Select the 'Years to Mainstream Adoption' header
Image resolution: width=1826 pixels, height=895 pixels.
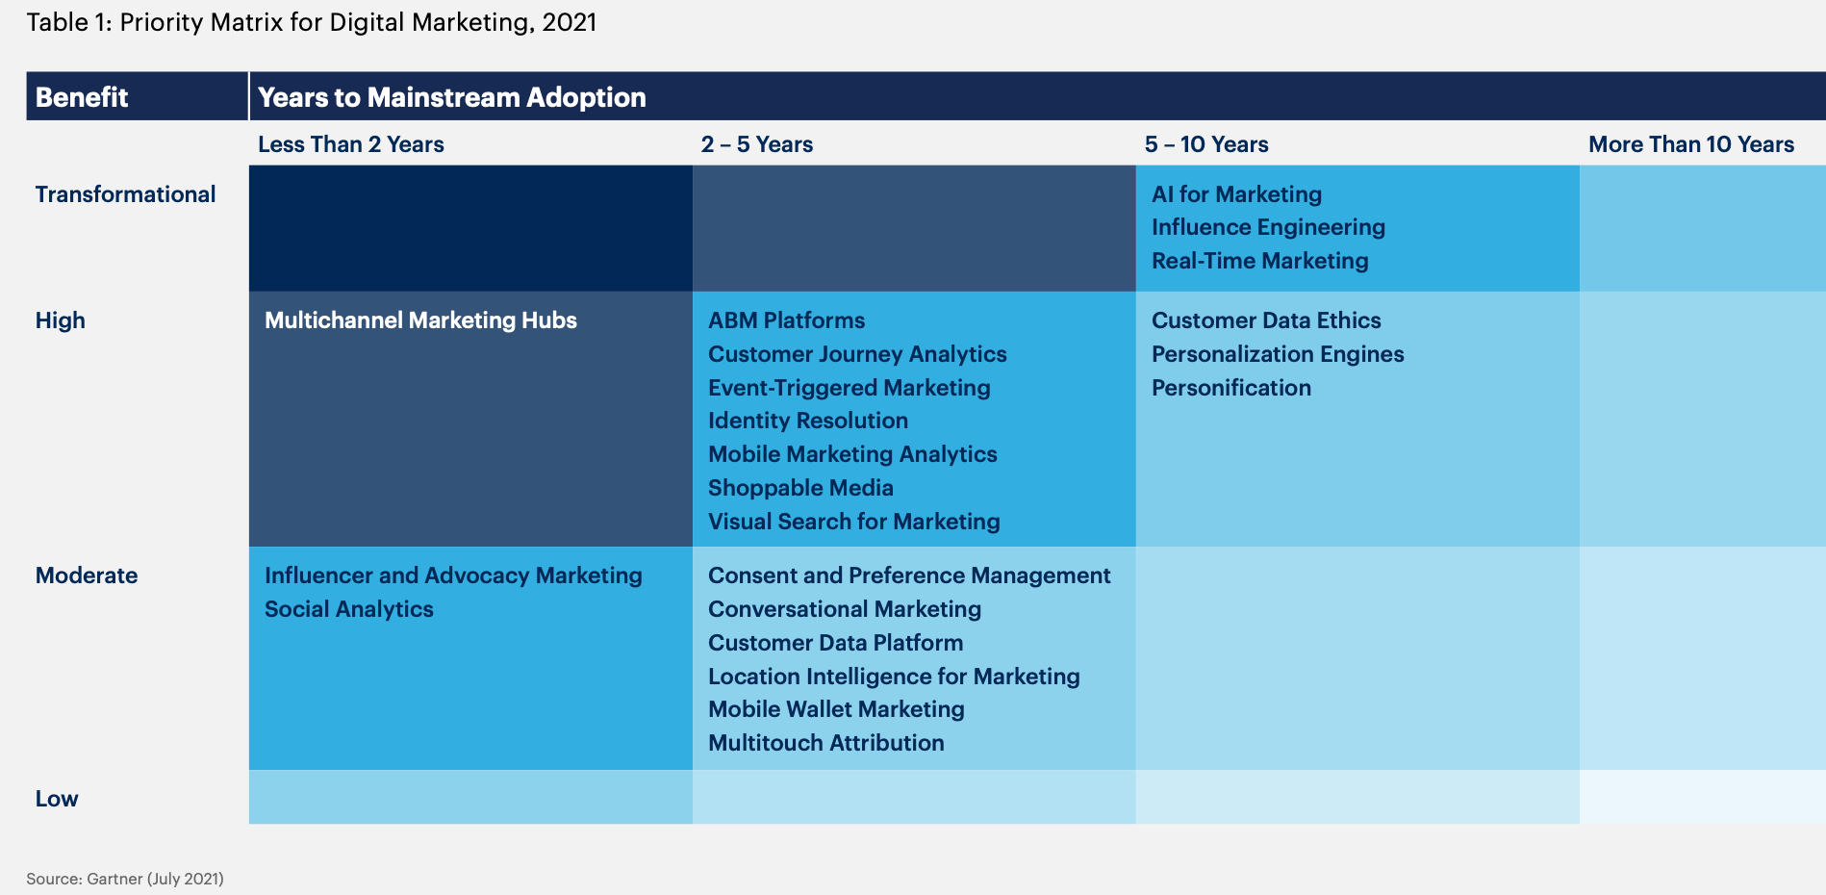click(452, 97)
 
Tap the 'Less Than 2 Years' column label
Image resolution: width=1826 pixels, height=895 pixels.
click(351, 144)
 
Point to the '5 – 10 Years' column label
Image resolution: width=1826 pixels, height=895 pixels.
click(1206, 144)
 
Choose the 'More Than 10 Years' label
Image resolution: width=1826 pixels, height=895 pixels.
click(1691, 144)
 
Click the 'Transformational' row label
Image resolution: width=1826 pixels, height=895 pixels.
click(125, 194)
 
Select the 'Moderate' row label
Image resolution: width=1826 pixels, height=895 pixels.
click(87, 575)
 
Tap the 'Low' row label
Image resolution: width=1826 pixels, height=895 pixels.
click(57, 799)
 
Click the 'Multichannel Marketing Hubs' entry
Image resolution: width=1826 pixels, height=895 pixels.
click(420, 320)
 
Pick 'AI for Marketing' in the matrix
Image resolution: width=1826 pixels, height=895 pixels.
click(1236, 194)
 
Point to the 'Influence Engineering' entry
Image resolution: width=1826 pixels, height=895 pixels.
click(1268, 227)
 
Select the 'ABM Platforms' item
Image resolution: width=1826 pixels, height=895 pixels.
click(786, 320)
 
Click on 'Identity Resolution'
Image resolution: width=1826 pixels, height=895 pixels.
click(808, 421)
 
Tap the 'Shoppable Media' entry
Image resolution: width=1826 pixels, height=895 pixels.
click(800, 488)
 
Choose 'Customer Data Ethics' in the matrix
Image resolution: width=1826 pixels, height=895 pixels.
click(1266, 320)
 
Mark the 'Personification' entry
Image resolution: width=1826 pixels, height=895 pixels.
click(1231, 388)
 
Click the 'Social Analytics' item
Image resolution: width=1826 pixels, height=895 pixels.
click(349, 609)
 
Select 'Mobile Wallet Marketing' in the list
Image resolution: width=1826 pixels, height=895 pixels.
click(836, 709)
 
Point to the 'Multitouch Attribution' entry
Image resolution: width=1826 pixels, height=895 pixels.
click(826, 743)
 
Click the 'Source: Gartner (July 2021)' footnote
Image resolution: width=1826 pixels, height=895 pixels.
click(125, 879)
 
